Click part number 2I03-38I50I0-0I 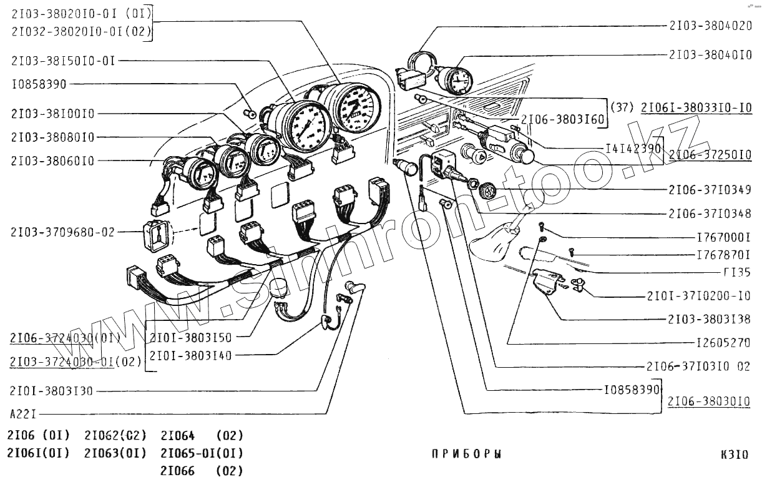point(63,61)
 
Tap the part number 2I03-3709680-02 point(63,232)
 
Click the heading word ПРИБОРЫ point(466,455)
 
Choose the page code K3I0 point(734,455)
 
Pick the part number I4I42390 point(633,148)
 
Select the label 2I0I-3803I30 point(51,391)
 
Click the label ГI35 point(736,272)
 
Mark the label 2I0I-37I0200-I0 point(698,295)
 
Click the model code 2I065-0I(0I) point(202,453)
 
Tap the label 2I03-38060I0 point(52,160)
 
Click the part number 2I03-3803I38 point(710,319)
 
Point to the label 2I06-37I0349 point(710,190)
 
